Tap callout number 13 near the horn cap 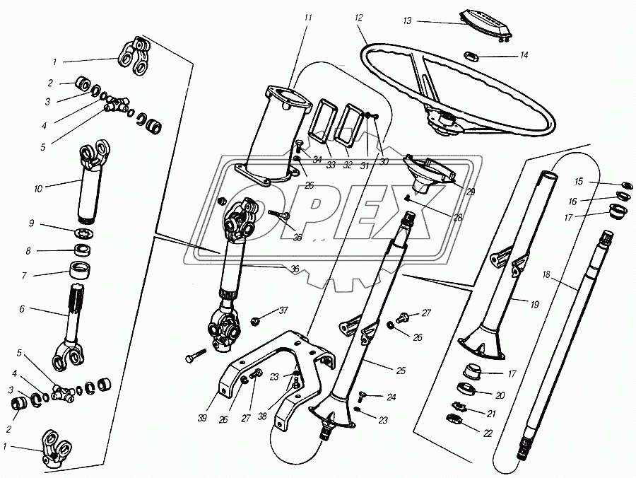coord(407,21)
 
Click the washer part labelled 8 coord(83,250)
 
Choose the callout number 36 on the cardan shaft coord(294,269)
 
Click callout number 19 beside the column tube coord(534,304)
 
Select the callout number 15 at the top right coord(579,181)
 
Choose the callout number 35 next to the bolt coord(298,238)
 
